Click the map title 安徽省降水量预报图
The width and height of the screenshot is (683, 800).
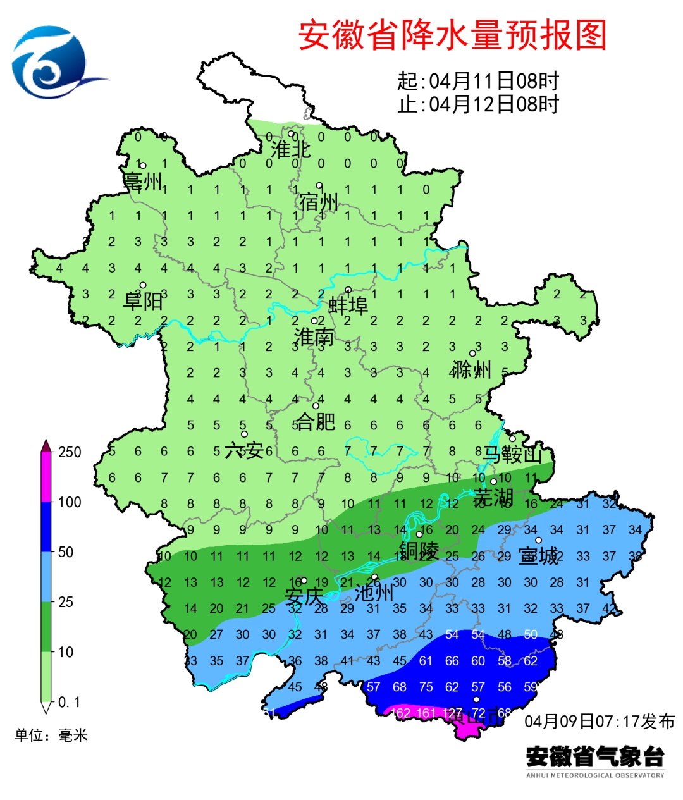pyautogui.click(x=452, y=35)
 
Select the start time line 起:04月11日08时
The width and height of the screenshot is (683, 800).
pyautogui.click(x=478, y=82)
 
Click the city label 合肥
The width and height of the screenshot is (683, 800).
pyautogui.click(x=316, y=421)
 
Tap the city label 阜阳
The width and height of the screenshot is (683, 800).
pyautogui.click(x=143, y=300)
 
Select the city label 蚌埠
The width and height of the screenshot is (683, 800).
pyautogui.click(x=348, y=305)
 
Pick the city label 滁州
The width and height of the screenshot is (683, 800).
pyautogui.click(x=472, y=369)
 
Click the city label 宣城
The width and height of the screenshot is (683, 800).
pyautogui.click(x=539, y=556)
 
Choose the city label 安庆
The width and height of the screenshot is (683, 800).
pyautogui.click(x=304, y=596)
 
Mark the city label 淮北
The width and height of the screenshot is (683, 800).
pyautogui.click(x=291, y=150)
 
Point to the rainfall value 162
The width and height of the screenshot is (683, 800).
pyautogui.click(x=401, y=713)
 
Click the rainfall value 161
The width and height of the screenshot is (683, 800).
pyautogui.click(x=426, y=713)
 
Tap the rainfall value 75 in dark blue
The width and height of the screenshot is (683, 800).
pyautogui.click(x=426, y=687)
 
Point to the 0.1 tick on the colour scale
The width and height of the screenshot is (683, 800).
pyautogui.click(x=69, y=702)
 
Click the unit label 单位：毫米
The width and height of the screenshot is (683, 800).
pyautogui.click(x=51, y=735)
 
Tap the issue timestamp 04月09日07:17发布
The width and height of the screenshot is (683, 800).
pyautogui.click(x=600, y=722)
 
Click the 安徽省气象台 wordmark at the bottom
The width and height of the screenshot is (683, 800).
pyautogui.click(x=595, y=756)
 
